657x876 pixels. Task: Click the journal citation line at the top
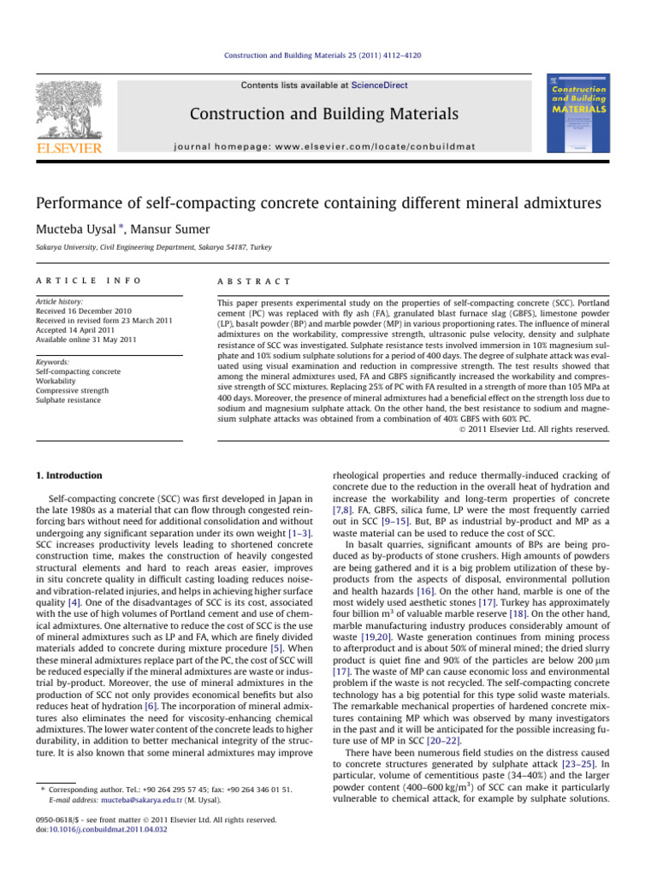[328, 56]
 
